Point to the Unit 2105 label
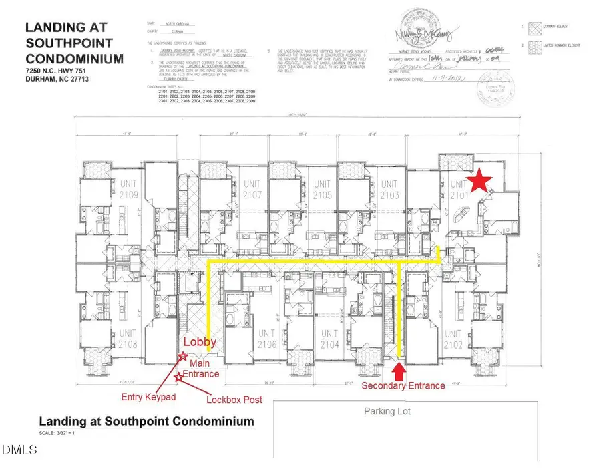point(323,189)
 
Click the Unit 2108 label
point(129,339)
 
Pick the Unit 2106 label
point(267,339)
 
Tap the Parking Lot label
point(387,411)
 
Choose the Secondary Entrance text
point(403,386)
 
